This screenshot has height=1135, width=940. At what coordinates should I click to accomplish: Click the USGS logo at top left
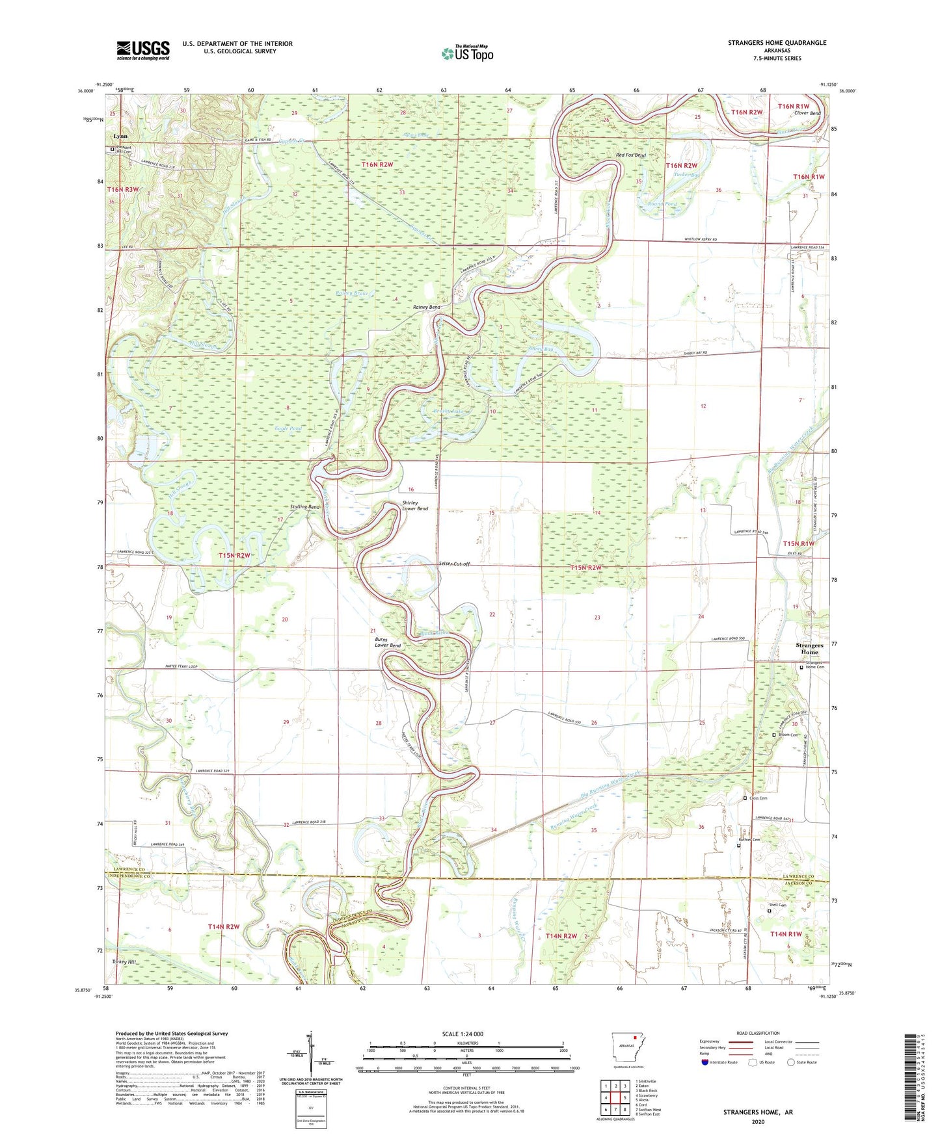(x=142, y=50)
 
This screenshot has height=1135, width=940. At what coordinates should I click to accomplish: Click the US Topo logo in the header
(x=467, y=53)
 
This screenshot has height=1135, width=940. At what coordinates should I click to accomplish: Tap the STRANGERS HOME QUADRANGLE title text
(x=777, y=43)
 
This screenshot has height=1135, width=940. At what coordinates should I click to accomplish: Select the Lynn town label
(x=120, y=137)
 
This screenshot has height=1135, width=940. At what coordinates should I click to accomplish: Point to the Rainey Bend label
(x=427, y=307)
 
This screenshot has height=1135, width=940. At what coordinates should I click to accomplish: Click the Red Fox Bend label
(x=630, y=155)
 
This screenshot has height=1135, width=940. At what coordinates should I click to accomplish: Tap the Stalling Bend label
(x=304, y=507)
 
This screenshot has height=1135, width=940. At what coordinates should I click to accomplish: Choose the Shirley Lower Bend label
(x=415, y=506)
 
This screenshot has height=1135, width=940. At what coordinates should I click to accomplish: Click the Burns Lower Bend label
(x=388, y=642)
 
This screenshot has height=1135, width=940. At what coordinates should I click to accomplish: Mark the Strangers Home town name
(x=809, y=648)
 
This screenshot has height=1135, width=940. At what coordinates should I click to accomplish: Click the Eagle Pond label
(x=289, y=429)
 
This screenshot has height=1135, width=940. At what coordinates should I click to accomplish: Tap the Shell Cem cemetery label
(x=777, y=905)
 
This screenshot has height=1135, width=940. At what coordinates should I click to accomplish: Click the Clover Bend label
(x=807, y=113)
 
